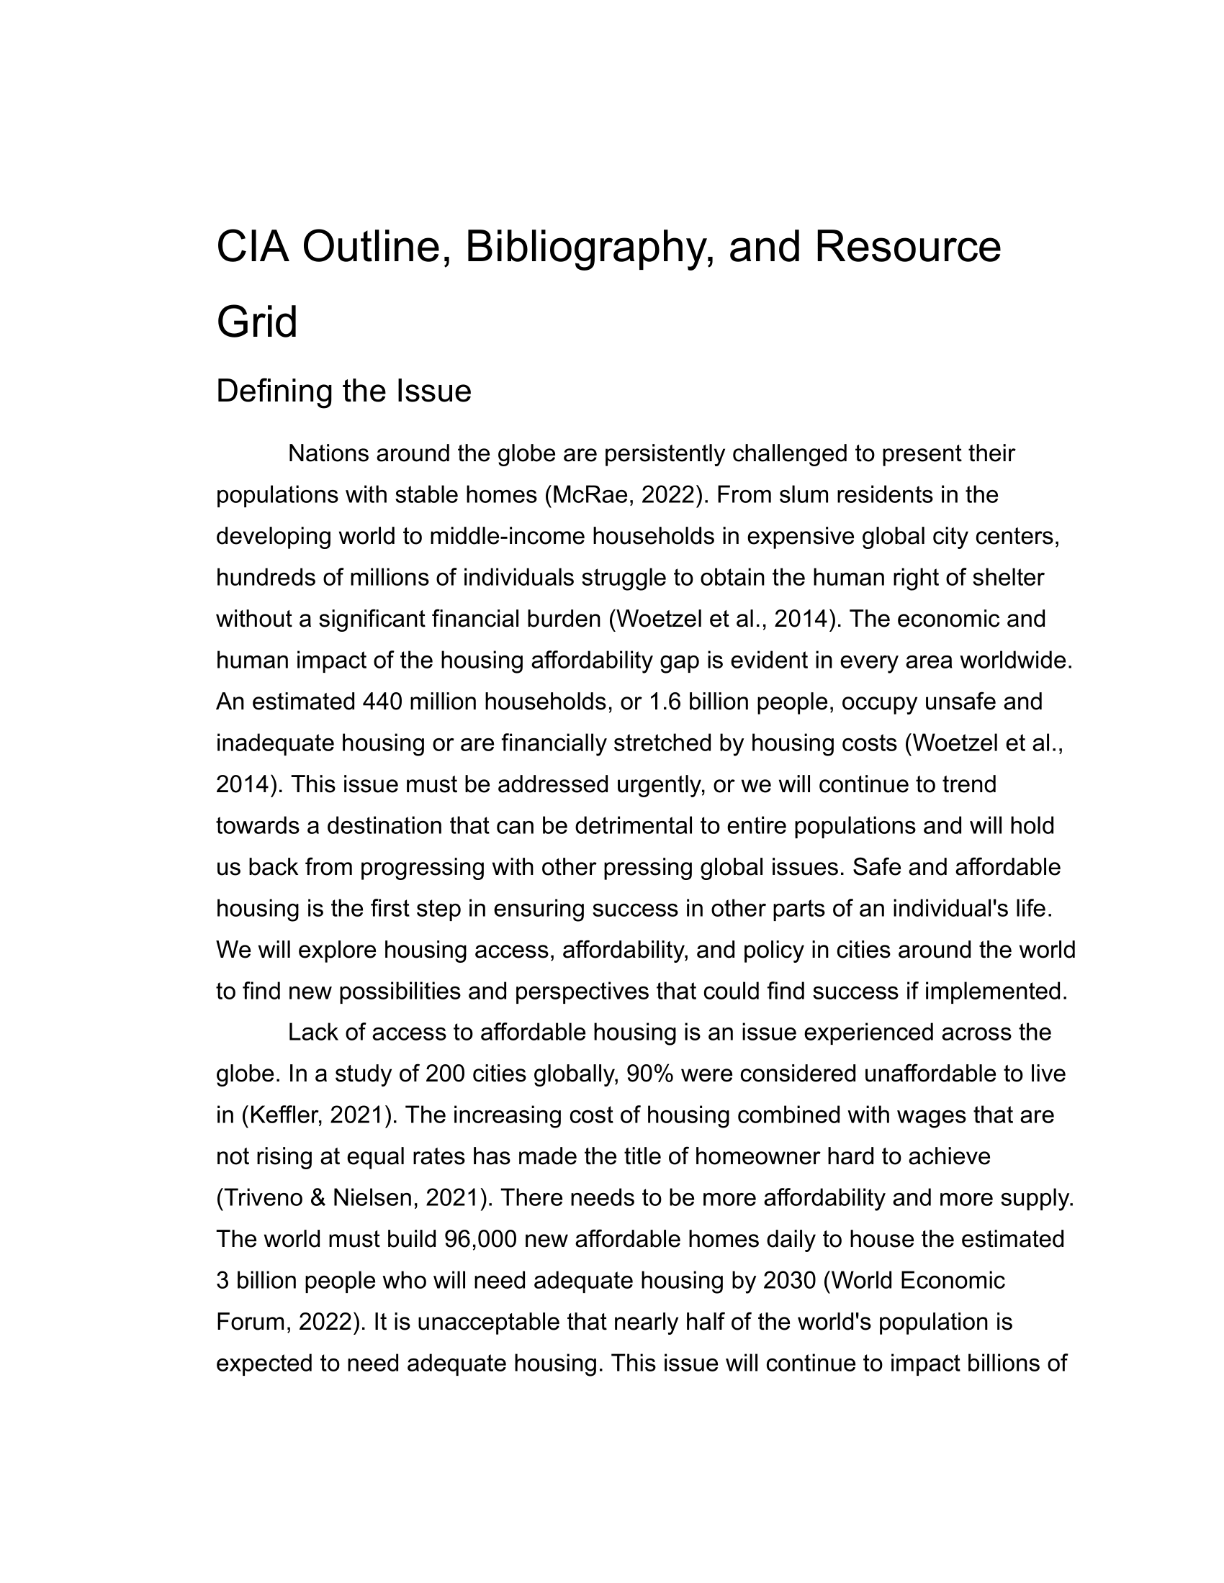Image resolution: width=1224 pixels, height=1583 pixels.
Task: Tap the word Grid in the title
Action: coord(257,322)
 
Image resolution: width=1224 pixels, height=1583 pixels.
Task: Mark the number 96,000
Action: coord(480,1240)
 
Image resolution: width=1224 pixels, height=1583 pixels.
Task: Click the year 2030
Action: coord(790,1281)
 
